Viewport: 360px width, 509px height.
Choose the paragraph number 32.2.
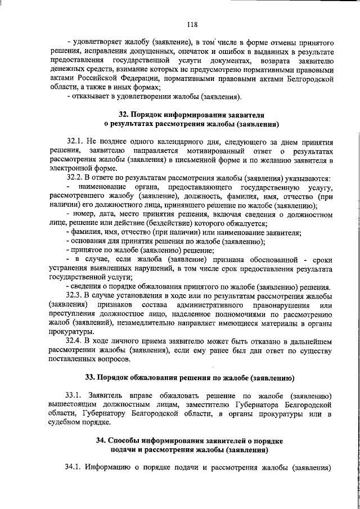[75, 178]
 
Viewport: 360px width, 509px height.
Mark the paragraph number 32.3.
[75, 295]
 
